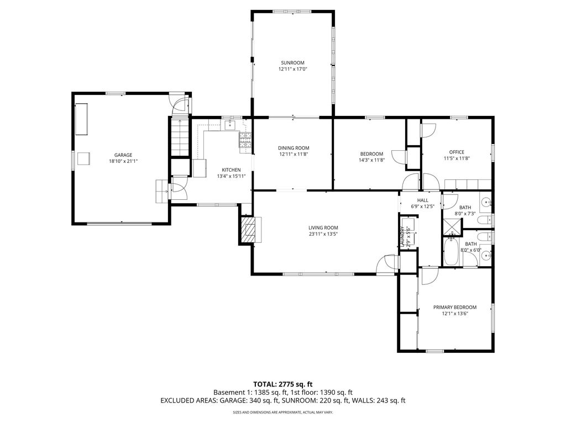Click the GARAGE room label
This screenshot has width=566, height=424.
(x=123, y=155)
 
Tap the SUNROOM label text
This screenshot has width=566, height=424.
(x=292, y=63)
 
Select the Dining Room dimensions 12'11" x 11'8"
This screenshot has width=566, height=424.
(x=294, y=154)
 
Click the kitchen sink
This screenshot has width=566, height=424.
(x=230, y=125)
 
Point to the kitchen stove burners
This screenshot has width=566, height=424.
(x=245, y=140)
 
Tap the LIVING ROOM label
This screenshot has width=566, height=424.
(x=323, y=227)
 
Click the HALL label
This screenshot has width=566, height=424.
(x=423, y=200)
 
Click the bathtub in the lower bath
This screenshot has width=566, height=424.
(x=451, y=251)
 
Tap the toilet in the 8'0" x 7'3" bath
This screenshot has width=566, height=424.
(x=484, y=220)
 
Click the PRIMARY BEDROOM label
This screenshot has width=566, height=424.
(x=455, y=307)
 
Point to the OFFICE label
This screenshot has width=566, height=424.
(x=457, y=152)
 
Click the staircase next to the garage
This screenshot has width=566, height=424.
(x=180, y=137)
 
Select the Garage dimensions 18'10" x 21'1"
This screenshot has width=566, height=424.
(x=123, y=161)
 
